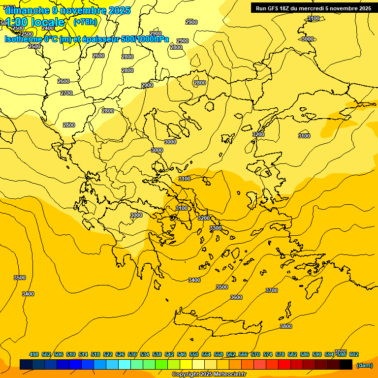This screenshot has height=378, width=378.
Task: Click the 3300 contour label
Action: [x=216, y=228]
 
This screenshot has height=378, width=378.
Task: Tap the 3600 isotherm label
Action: [x=236, y=297]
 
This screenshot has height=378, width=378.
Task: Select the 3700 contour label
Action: [x=272, y=290]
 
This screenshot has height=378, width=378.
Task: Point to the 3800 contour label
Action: [x=286, y=326]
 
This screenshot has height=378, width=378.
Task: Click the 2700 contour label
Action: [x=66, y=93]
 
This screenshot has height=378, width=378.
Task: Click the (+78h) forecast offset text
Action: [x=85, y=22]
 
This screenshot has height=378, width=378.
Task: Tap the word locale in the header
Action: [x=48, y=22]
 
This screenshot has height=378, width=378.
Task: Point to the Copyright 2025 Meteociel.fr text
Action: [x=209, y=375]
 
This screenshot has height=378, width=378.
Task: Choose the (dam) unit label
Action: [x=364, y=365]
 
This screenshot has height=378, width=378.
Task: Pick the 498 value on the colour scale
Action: [x=34, y=354]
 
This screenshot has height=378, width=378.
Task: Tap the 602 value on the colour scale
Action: [x=354, y=354]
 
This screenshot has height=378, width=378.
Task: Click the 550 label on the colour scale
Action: [x=194, y=354]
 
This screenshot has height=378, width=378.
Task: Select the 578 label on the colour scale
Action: [x=280, y=354]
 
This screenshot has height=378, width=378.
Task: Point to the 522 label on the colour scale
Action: [x=108, y=354]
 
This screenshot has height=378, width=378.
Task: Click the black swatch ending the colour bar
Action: [x=346, y=365]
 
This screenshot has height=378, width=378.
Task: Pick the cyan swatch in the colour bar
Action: [x=125, y=365]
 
